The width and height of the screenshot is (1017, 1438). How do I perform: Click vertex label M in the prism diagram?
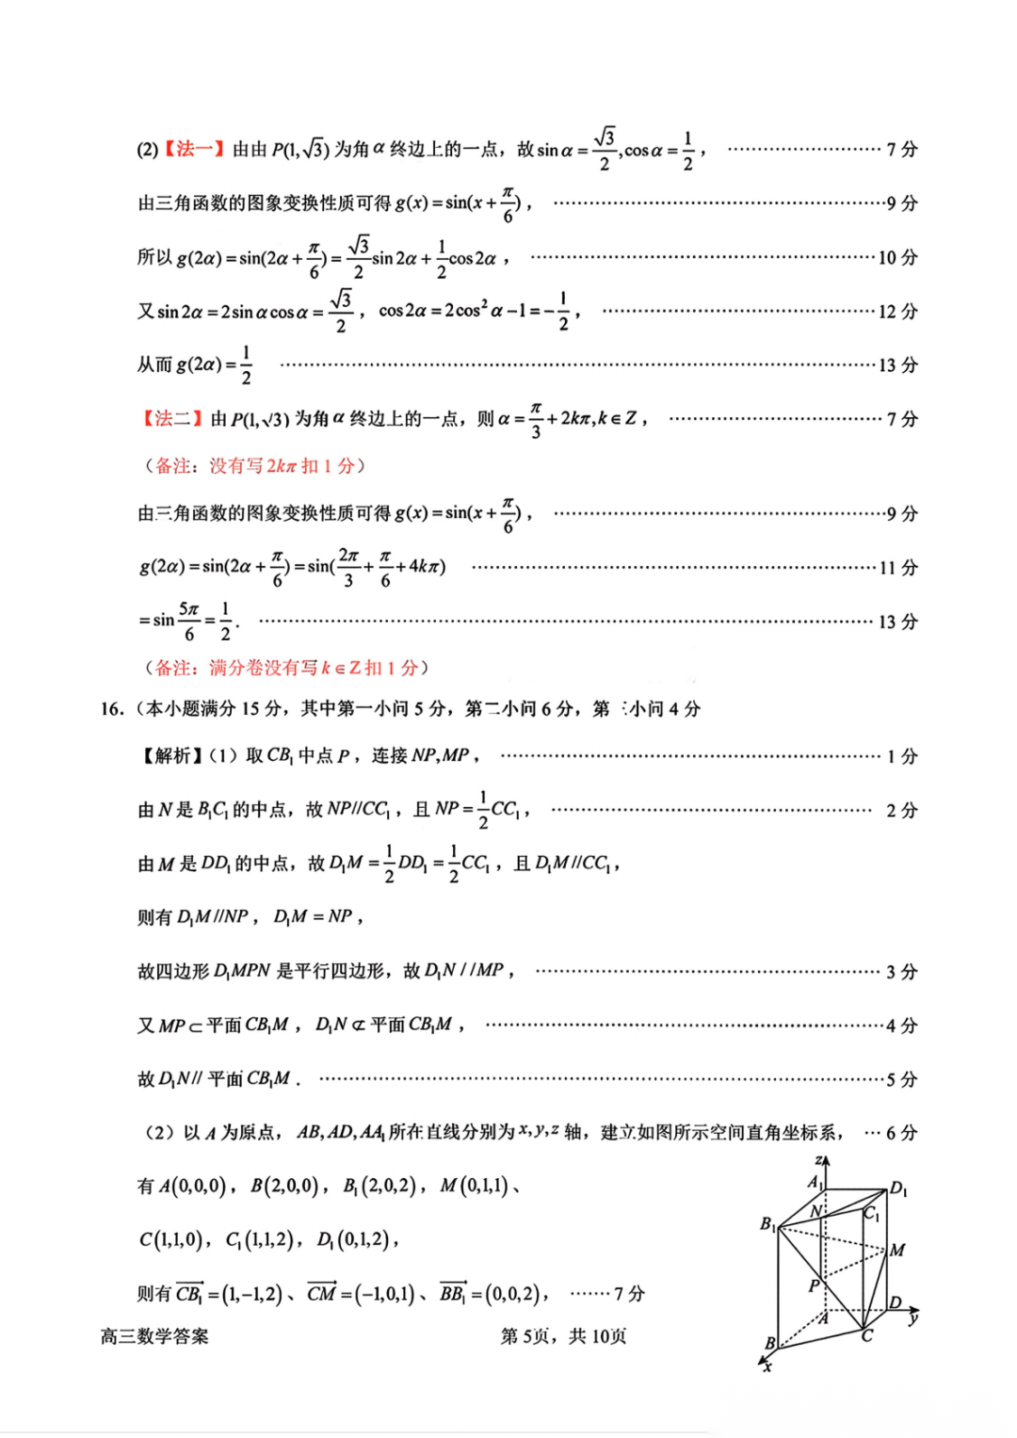[897, 1250]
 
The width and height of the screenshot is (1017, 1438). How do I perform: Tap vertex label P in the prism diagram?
[815, 1285]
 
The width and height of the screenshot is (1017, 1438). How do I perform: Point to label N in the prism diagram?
[816, 1210]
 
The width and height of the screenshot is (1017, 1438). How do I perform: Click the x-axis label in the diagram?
[767, 1366]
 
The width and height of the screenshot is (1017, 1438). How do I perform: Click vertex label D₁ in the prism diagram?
[899, 1188]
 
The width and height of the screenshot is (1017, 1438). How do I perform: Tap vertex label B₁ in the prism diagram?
[768, 1224]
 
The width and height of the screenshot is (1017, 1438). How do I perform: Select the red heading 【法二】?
[172, 418]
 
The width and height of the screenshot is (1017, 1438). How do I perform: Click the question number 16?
[112, 709]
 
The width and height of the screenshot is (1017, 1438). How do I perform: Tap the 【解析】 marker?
[170, 755]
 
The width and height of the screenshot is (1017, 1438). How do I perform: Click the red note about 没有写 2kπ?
[253, 465]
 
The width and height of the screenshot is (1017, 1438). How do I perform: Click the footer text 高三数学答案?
[154, 1335]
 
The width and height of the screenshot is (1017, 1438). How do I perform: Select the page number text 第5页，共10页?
[563, 1335]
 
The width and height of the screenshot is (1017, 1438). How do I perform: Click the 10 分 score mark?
[897, 257]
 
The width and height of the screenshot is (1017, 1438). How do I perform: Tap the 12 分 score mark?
[897, 311]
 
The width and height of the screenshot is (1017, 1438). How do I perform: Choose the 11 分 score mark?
[897, 567]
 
